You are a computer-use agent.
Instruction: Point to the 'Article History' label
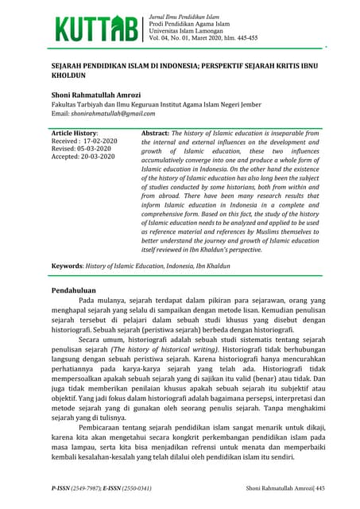click(75, 133)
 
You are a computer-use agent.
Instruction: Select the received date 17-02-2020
click(99, 141)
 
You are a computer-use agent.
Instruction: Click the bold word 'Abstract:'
click(155, 133)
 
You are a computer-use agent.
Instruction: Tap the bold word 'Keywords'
click(68, 262)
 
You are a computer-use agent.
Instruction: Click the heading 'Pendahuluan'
click(75, 292)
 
